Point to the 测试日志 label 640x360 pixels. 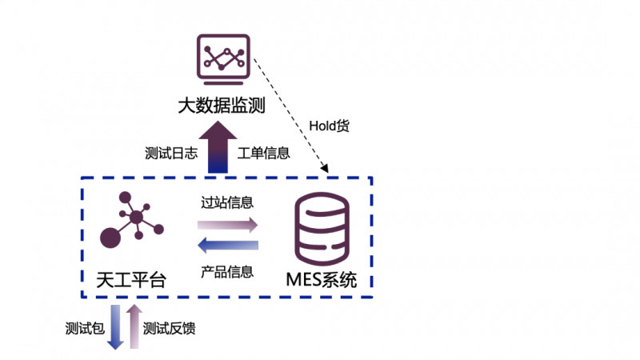tap(170, 152)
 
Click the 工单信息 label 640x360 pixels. tap(264, 152)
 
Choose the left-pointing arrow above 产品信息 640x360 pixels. tap(227, 246)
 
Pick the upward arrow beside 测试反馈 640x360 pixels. tap(134, 326)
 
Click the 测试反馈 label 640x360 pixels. tap(170, 328)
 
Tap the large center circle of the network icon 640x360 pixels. tap(138, 218)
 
